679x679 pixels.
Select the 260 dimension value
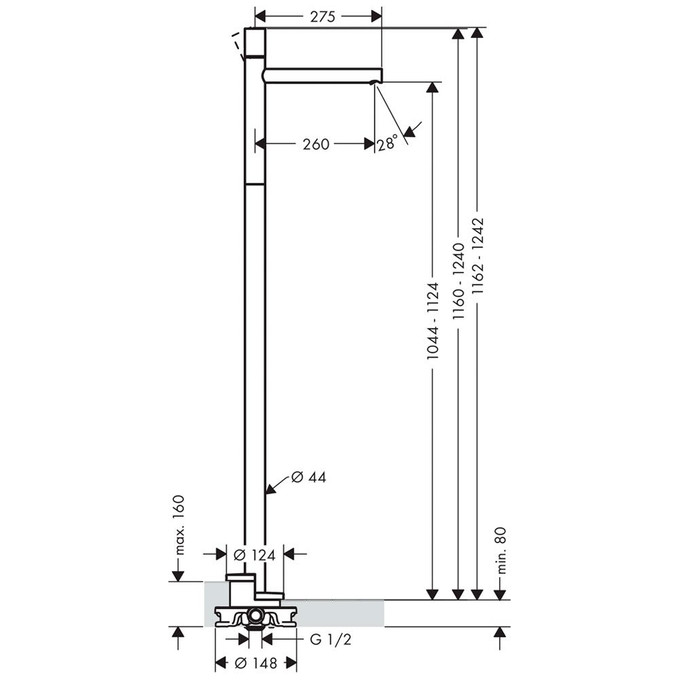316,144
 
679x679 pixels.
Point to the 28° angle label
387,143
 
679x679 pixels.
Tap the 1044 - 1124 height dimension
433,321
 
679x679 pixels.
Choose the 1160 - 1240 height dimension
458,282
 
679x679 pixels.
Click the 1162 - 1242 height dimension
477,257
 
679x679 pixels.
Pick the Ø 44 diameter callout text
308,477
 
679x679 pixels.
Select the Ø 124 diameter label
255,555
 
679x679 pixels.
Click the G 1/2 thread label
331,639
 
